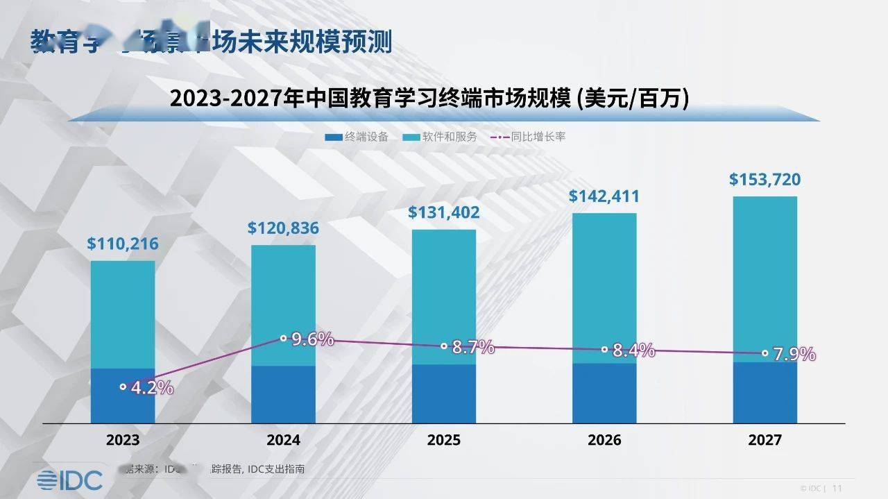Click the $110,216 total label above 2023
point(123,244)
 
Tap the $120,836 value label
point(283,228)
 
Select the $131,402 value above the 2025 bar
point(443,212)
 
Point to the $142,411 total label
point(604,196)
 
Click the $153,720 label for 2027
point(765,180)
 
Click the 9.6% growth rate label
point(312,339)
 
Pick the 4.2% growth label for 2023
point(152,387)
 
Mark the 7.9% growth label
point(794,354)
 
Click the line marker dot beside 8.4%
point(604,350)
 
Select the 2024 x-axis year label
point(283,440)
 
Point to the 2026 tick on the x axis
point(604,440)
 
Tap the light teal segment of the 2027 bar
point(765,278)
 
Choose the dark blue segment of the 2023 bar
point(123,406)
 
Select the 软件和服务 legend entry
point(440,137)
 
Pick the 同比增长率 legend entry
point(528,137)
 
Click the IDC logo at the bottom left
point(69,480)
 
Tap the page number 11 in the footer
point(837,488)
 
